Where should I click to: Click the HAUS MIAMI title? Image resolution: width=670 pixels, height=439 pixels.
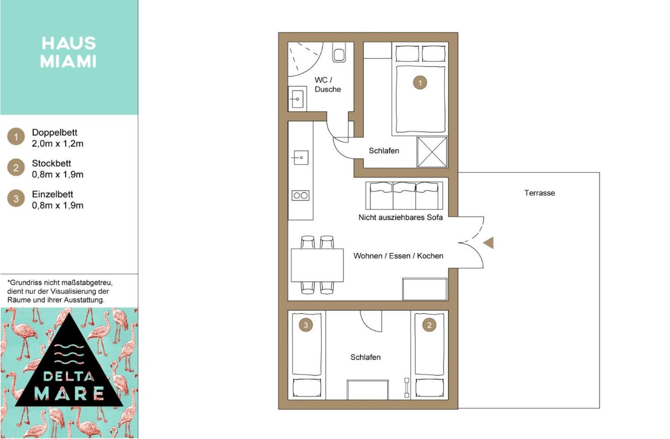coord(68,52)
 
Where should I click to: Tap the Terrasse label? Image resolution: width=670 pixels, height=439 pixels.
coord(539,193)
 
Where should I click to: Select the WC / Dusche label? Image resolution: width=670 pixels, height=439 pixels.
coord(327,85)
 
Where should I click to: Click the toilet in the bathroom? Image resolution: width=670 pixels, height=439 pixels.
coord(339,52)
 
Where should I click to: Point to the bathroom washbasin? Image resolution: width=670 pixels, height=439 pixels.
coord(297,99)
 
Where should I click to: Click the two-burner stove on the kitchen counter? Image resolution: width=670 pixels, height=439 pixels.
coord(301,196)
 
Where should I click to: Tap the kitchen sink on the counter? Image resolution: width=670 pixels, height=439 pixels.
coord(301,157)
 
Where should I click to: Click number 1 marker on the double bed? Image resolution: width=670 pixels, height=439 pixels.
coord(420,82)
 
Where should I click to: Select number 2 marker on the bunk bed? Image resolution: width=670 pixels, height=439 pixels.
coord(429,325)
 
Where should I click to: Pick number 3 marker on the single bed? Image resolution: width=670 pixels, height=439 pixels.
coord(306,325)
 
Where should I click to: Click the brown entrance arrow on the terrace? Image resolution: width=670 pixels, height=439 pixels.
coord(489,242)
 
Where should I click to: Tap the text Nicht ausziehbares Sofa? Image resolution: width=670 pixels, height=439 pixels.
coord(401,217)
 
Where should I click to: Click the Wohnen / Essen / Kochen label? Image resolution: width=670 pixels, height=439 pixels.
coord(398,256)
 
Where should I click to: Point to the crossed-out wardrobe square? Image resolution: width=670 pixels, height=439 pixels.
coord(432,152)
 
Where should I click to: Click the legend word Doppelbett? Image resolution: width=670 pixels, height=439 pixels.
coord(55,132)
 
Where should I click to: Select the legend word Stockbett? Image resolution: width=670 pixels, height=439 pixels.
coord(52,163)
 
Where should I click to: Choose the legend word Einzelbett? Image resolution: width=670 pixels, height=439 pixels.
coord(52,194)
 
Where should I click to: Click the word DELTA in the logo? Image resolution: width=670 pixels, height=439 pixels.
coord(68,376)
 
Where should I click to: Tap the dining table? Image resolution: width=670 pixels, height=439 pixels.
coord(317,265)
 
